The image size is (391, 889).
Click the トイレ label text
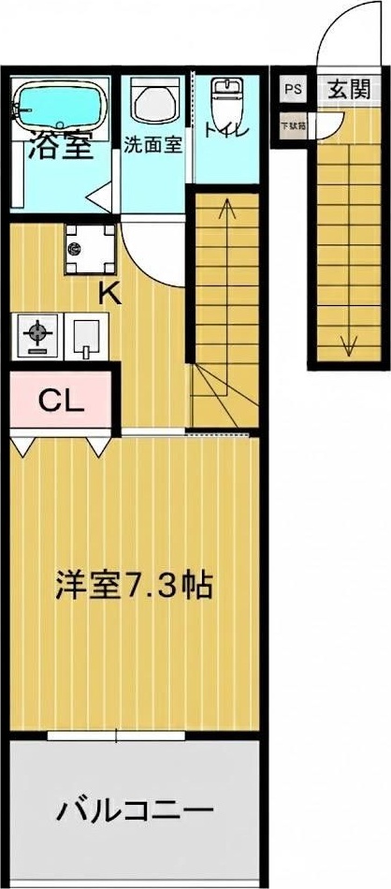point(227,131)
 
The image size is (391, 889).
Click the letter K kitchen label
point(110,294)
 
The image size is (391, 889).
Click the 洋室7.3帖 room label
point(133,586)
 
